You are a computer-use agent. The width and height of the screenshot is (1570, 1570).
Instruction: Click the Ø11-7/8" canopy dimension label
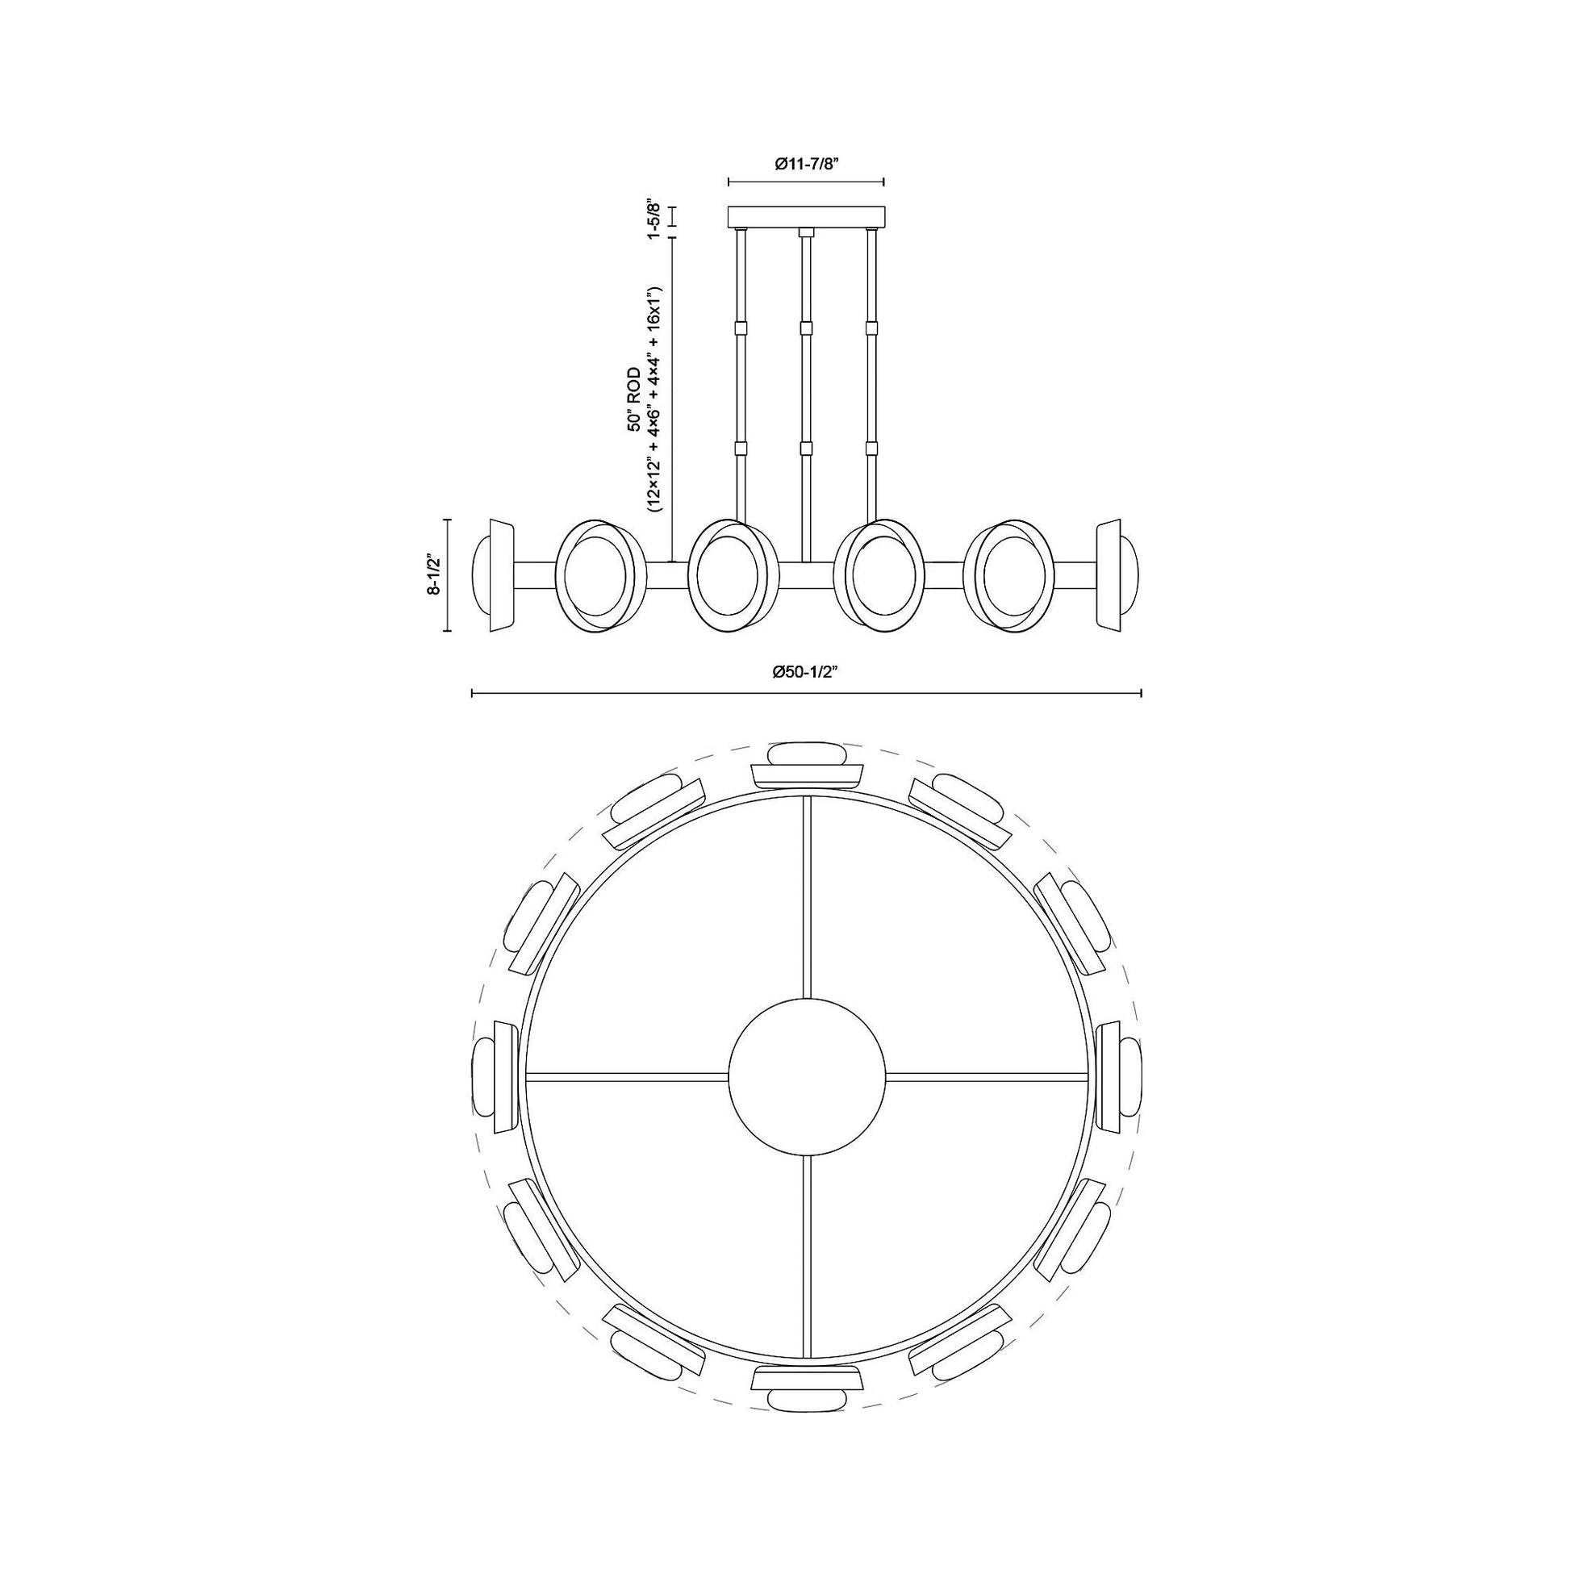806,163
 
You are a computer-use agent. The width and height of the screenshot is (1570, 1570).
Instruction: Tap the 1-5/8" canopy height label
651,217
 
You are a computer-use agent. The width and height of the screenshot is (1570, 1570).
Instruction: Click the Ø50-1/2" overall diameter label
806,671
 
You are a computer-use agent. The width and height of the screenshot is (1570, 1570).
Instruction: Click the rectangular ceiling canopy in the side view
806,216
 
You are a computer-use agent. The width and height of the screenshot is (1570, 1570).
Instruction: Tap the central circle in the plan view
806,1078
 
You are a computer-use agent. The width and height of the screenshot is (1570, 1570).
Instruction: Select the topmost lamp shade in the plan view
806,764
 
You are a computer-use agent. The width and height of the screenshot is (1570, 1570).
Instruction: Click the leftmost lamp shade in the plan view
492,1078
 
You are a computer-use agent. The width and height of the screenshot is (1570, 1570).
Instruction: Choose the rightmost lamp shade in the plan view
1120,1078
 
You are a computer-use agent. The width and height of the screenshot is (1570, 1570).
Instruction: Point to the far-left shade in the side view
491,575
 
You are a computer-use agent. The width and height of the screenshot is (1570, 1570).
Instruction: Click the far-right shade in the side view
1118,575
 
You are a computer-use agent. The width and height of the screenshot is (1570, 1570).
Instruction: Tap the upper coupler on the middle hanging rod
806,328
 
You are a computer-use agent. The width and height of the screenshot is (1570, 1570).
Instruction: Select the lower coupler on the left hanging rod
740,448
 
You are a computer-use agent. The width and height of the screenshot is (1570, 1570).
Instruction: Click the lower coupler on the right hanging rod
873,448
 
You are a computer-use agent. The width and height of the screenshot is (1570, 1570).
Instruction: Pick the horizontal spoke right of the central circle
987,1078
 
